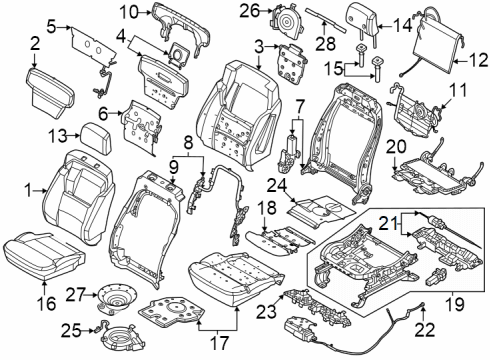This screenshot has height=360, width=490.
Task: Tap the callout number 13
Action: tap(58, 136)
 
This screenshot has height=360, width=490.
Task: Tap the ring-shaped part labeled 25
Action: tap(118, 333)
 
